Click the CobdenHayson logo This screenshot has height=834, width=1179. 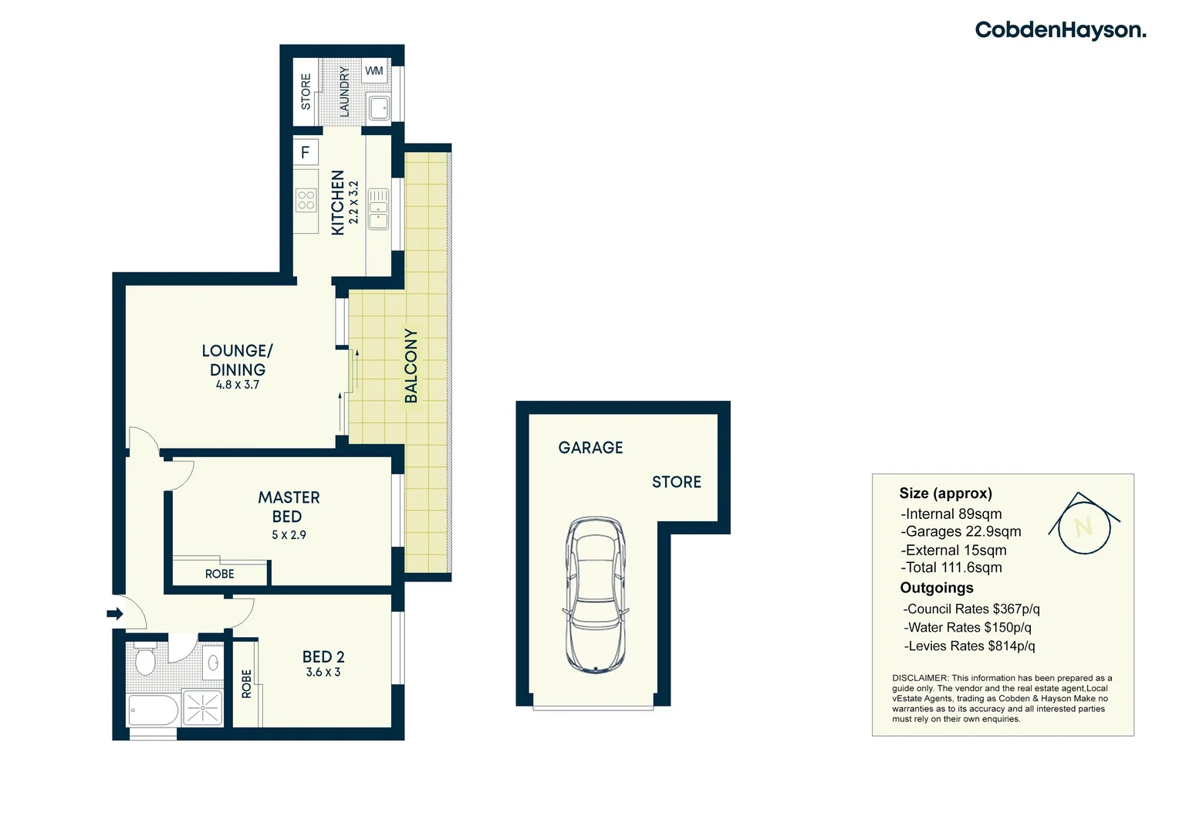click(x=1060, y=30)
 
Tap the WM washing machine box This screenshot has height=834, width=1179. click(x=374, y=71)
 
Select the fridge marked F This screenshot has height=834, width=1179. click(x=306, y=152)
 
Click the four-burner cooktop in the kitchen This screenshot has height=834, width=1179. click(x=306, y=201)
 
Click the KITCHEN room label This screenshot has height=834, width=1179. click(x=337, y=202)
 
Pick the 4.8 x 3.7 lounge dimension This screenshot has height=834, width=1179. click(x=238, y=385)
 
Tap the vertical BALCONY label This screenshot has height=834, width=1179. click(x=411, y=365)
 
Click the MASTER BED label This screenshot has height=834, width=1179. click(x=289, y=507)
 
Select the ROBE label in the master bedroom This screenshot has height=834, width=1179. click(x=220, y=574)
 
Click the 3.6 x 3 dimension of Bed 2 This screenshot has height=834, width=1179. click(x=323, y=673)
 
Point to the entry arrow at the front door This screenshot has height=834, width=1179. click(x=115, y=614)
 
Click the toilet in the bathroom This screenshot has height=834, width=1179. click(x=145, y=659)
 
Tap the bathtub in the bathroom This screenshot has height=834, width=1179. click(x=153, y=710)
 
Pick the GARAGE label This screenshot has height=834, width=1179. click(x=590, y=448)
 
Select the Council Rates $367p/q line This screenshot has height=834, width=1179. click(x=971, y=609)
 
